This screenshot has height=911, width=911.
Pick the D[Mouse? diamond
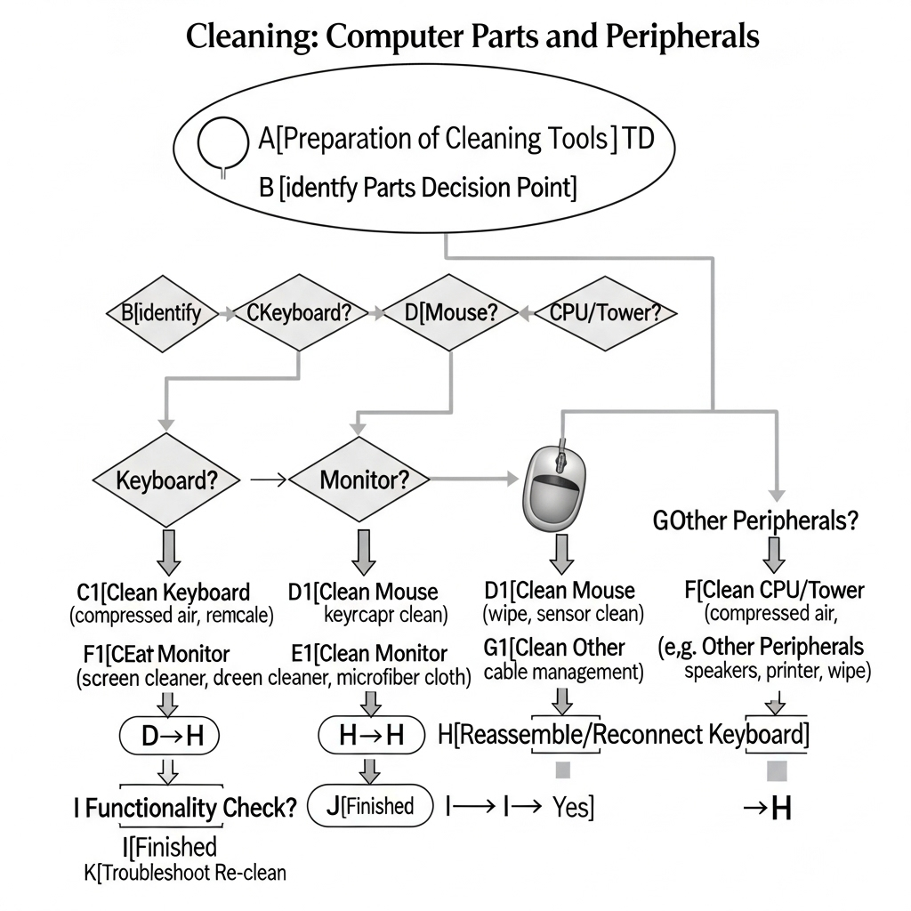tap(449, 313)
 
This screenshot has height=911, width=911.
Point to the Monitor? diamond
tap(363, 480)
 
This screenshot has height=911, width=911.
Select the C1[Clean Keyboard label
tap(163, 592)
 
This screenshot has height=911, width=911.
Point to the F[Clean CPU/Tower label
tap(775, 590)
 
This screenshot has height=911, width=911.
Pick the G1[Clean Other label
tap(554, 648)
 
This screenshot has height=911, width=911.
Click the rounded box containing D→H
tap(168, 736)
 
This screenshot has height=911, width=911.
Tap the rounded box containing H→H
tap(373, 735)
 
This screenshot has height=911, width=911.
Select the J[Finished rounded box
tap(369, 806)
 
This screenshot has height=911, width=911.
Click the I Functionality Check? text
tap(184, 808)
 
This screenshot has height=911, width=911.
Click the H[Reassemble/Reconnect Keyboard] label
tap(625, 735)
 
